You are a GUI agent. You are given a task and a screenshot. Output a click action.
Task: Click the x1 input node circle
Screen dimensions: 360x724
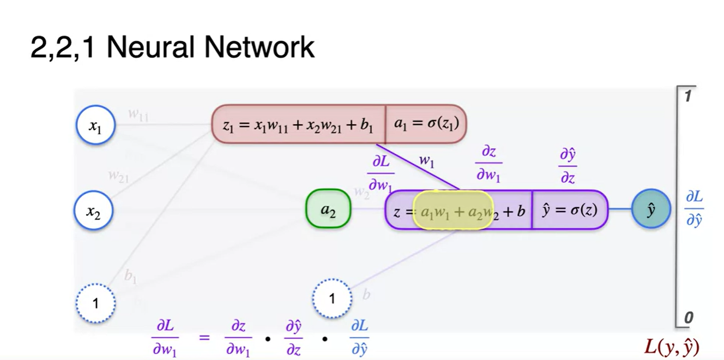pyautogui.click(x=95, y=126)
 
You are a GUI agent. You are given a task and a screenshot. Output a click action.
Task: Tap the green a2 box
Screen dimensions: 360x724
pyautogui.click(x=328, y=209)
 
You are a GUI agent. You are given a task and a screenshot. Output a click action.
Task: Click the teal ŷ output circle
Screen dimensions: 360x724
pyautogui.click(x=650, y=209)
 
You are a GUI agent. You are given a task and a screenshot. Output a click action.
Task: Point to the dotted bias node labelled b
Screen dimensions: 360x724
pyautogui.click(x=332, y=298)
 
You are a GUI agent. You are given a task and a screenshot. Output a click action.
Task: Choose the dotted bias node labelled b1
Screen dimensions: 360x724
pyautogui.click(x=95, y=302)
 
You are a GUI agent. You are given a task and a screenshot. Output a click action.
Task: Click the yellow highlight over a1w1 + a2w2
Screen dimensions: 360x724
pyautogui.click(x=453, y=209)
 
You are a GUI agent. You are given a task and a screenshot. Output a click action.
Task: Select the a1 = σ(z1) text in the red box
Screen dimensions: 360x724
pyautogui.click(x=426, y=124)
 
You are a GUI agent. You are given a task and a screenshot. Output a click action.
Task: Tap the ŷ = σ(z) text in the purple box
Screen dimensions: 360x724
pyautogui.click(x=569, y=209)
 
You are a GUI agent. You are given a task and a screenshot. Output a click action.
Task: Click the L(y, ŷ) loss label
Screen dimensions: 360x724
pyautogui.click(x=672, y=346)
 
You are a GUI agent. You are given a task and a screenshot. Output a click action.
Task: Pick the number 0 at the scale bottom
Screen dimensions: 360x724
pyautogui.click(x=688, y=317)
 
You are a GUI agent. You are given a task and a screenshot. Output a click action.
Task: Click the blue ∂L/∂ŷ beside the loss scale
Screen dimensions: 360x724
pyautogui.click(x=693, y=209)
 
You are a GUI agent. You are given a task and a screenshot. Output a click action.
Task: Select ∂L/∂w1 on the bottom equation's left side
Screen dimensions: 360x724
pyautogui.click(x=164, y=338)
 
